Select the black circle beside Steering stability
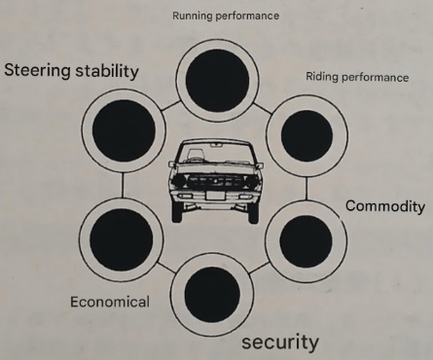[x=123, y=131]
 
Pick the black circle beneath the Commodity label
[x=300, y=236]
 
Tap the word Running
[x=193, y=16]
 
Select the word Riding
[x=322, y=77]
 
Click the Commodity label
[x=386, y=206]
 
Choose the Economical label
[x=109, y=301]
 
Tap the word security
[x=278, y=342]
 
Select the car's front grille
[x=216, y=181]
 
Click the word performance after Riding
[x=375, y=77]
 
